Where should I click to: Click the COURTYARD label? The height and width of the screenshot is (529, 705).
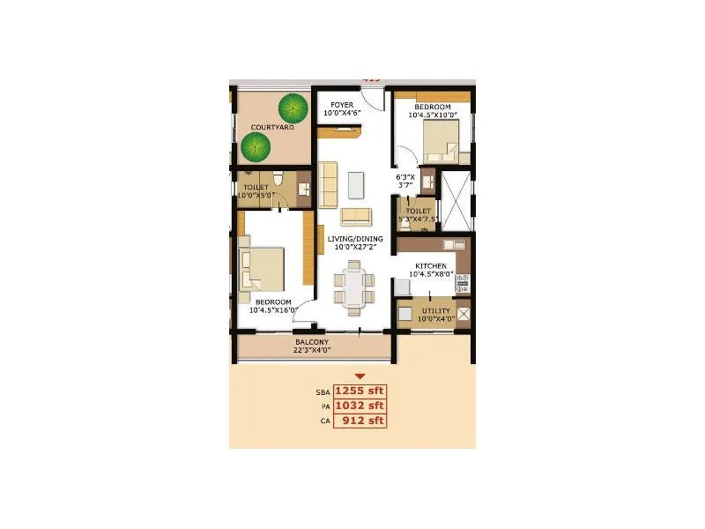click(x=271, y=128)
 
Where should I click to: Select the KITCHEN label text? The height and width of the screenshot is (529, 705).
click(x=431, y=265)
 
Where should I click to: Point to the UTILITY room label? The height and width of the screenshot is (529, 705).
click(x=435, y=311)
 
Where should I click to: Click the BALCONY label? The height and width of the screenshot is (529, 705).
click(x=312, y=342)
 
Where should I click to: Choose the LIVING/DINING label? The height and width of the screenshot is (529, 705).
click(x=352, y=239)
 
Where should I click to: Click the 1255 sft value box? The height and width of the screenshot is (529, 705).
click(x=360, y=391)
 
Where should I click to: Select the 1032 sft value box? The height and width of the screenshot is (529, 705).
click(x=360, y=406)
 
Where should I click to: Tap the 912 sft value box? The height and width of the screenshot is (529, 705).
click(x=360, y=421)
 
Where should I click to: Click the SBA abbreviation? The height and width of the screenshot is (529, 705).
click(x=322, y=391)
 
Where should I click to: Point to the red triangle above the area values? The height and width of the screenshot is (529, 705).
click(x=360, y=376)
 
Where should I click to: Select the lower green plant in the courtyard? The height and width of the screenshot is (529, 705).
click(x=255, y=148)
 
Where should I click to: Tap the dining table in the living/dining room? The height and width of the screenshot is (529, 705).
click(x=352, y=287)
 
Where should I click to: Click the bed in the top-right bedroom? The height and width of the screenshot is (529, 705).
click(x=440, y=139)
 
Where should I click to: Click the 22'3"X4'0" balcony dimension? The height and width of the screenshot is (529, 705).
click(x=312, y=351)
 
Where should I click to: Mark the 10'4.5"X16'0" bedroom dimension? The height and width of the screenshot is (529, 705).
click(x=274, y=310)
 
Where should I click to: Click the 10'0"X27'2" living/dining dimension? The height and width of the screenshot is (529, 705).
click(x=352, y=249)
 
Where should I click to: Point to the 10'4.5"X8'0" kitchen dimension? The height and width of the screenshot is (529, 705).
click(x=431, y=275)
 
